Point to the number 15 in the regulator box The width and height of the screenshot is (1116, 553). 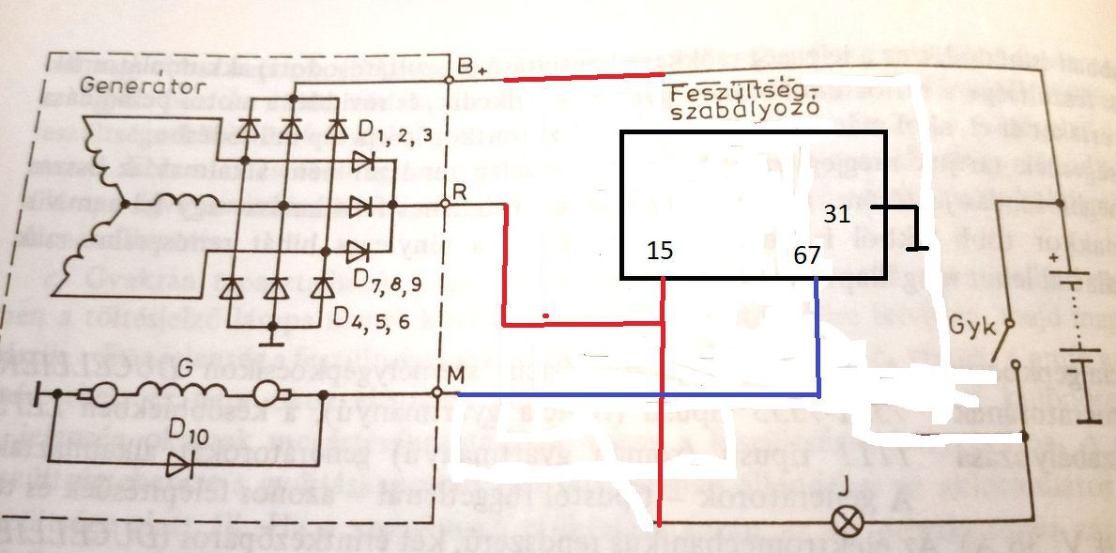(660, 250)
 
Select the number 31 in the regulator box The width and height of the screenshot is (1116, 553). (836, 214)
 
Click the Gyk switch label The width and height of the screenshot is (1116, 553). (969, 325)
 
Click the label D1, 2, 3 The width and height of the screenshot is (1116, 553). (398, 129)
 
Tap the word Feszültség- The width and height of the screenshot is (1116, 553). (747, 95)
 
